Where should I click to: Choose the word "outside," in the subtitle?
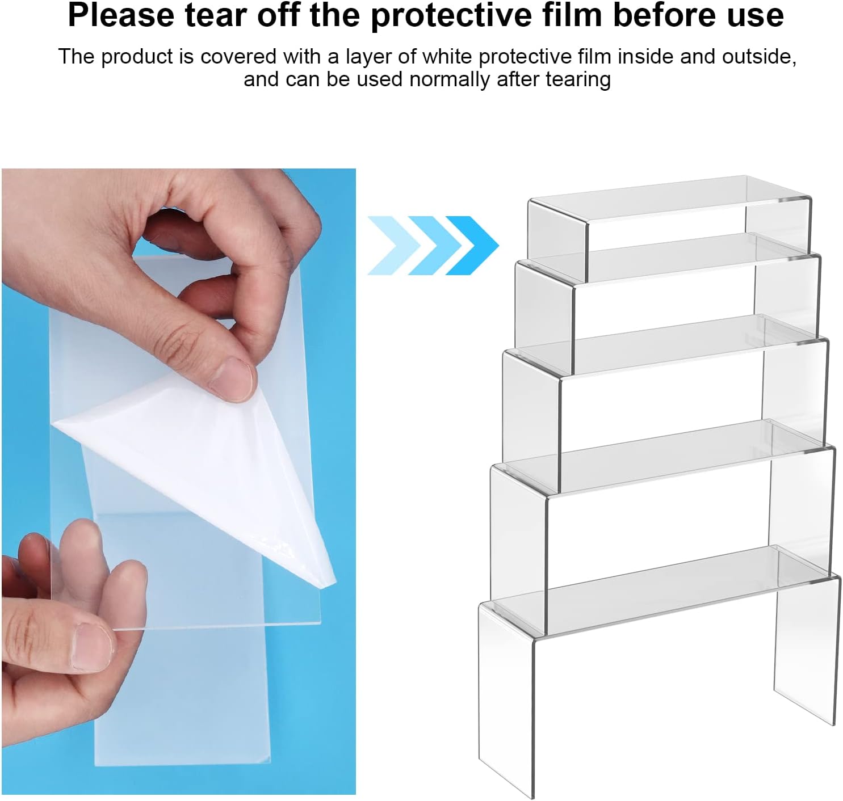pos(759,57)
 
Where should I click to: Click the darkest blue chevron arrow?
pos(472,245)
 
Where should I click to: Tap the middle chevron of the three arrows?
pos(434,245)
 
